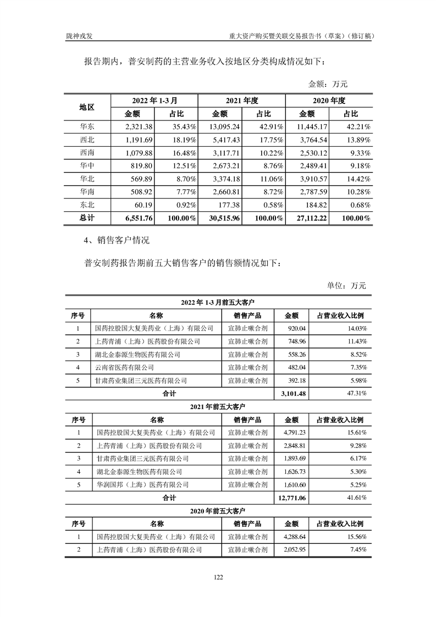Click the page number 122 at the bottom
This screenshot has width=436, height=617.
click(x=218, y=577)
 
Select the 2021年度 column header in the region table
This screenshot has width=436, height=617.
click(x=242, y=101)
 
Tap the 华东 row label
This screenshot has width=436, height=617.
click(x=87, y=126)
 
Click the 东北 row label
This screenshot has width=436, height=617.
click(x=87, y=205)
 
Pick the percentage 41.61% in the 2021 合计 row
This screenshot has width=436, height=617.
click(x=355, y=498)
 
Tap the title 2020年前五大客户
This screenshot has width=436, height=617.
click(x=218, y=511)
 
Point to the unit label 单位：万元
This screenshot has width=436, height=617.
click(x=346, y=285)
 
